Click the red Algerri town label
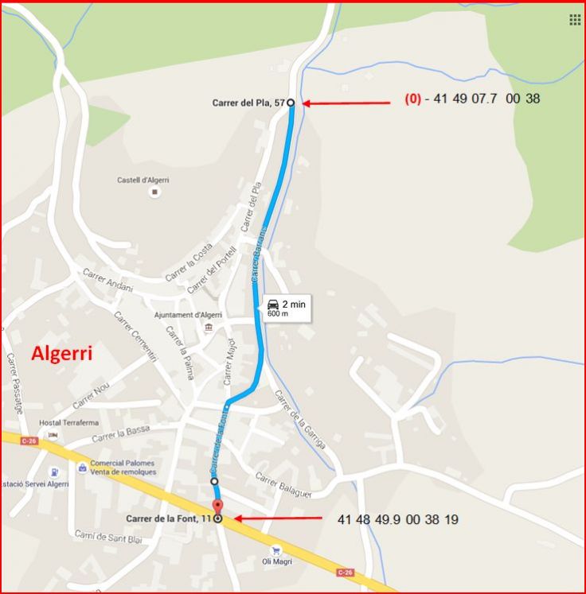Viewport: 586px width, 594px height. pyautogui.click(x=61, y=353)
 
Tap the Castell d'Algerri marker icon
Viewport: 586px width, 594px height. pyautogui.click(x=154, y=192)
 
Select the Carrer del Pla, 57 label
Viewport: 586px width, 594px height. pyautogui.click(x=248, y=103)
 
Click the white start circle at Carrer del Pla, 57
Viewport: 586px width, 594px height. pyautogui.click(x=291, y=103)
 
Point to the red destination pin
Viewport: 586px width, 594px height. pyautogui.click(x=217, y=507)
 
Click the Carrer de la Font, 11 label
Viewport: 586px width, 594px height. pyautogui.click(x=169, y=518)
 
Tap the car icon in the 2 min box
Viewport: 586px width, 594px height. pyautogui.click(x=273, y=304)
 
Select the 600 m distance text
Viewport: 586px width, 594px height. pyautogui.click(x=278, y=314)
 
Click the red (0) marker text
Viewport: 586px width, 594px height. pyautogui.click(x=412, y=99)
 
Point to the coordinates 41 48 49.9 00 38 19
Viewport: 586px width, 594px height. pyautogui.click(x=397, y=519)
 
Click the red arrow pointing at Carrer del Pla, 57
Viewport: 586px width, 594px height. pyautogui.click(x=347, y=103)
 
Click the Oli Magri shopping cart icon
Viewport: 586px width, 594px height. pyautogui.click(x=275, y=549)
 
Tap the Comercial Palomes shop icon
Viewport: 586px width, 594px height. pyautogui.click(x=81, y=467)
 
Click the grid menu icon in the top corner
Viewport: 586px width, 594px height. pyautogui.click(x=575, y=19)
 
